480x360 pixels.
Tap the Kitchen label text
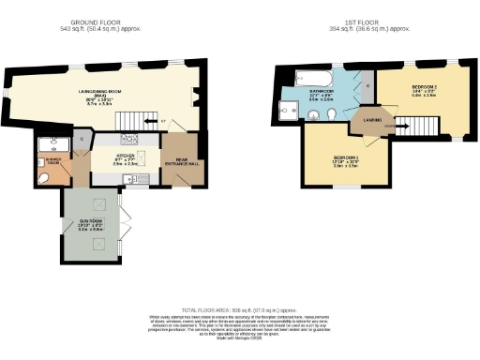point(126,156)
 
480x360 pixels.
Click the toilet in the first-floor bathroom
point(334,115)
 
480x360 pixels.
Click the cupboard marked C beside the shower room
point(82,141)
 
